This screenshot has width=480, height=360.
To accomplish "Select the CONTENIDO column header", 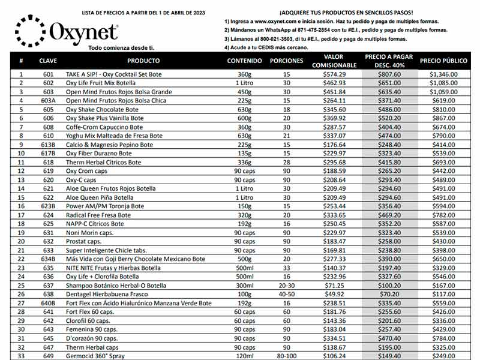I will pyautogui.click(x=244, y=61).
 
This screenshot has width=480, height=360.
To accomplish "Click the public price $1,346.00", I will pyautogui.click(x=443, y=74).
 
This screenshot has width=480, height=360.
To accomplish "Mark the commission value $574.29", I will pyautogui.click(x=334, y=74).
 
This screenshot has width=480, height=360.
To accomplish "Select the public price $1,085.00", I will pyautogui.click(x=443, y=83).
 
